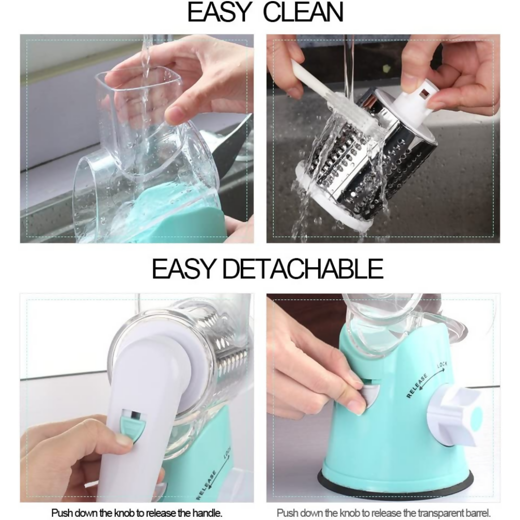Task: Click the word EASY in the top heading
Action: coord(218,12)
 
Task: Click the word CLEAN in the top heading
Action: coord(303,12)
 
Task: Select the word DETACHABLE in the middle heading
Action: coord(303,269)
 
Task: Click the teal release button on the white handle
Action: coord(133,426)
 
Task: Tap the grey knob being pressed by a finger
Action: coord(371,395)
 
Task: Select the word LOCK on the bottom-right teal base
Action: coord(443,365)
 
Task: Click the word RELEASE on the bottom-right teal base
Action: coord(417,386)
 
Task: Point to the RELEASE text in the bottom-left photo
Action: coord(206,486)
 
